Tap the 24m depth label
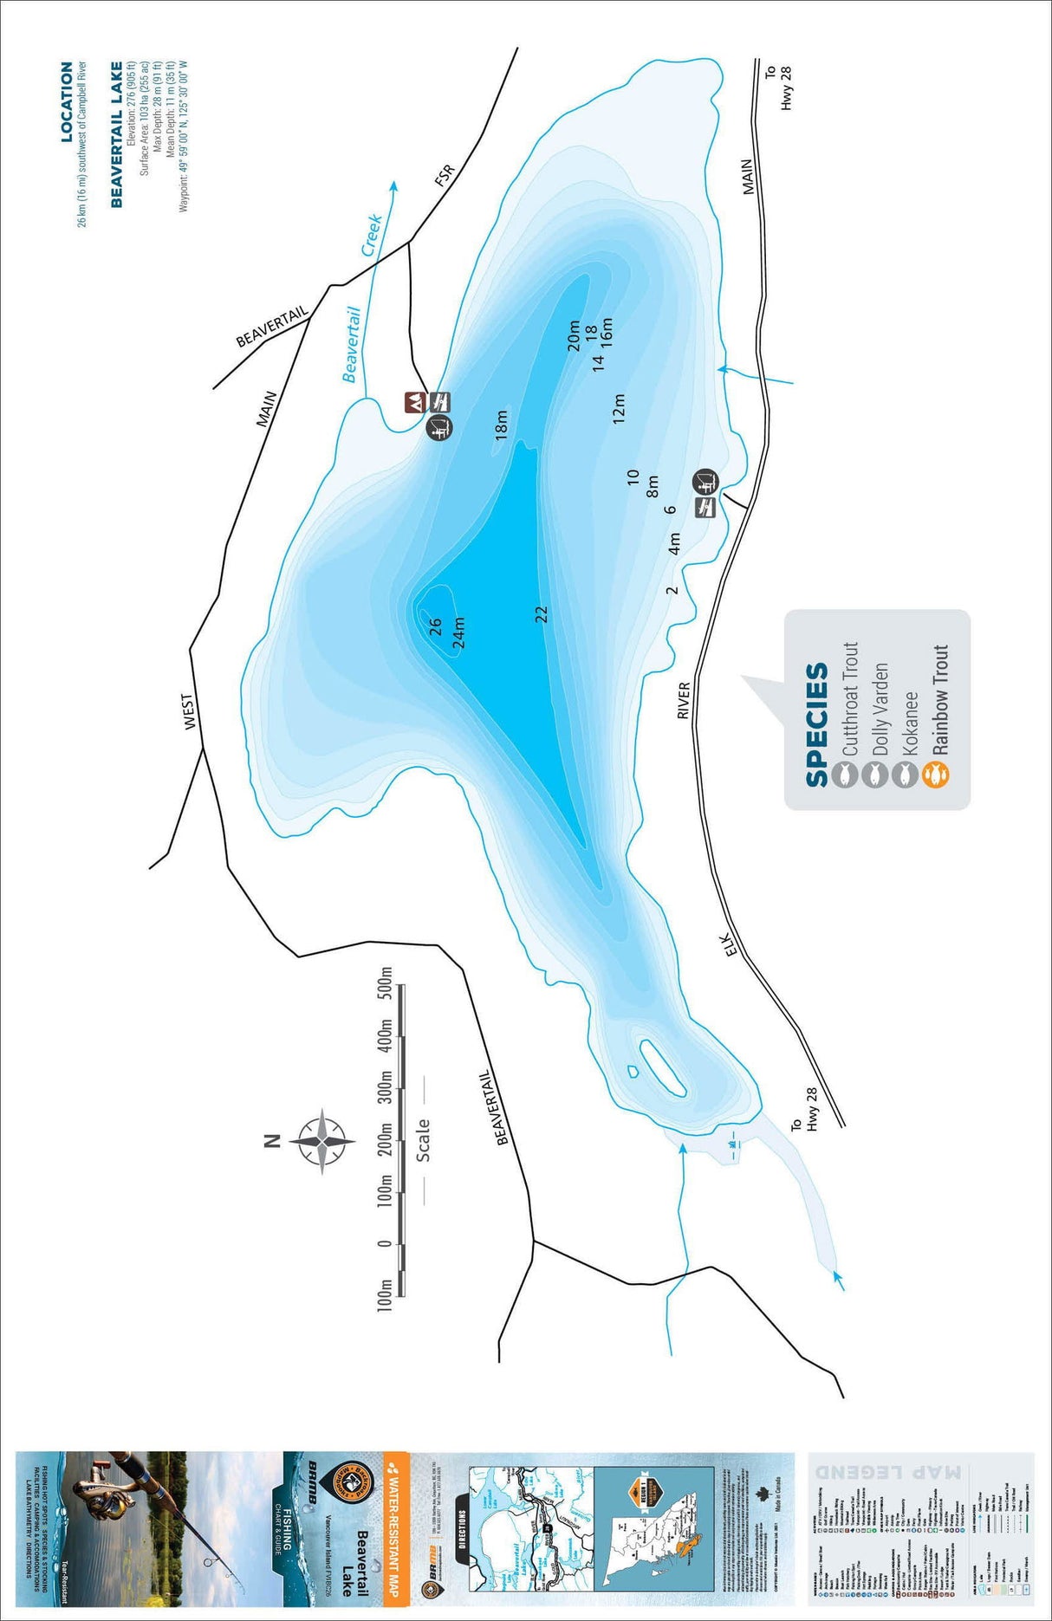click(458, 632)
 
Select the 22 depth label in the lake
click(542, 614)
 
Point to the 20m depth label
click(573, 336)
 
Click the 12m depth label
click(619, 408)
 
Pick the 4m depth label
click(674, 544)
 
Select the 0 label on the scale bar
click(386, 1244)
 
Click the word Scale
click(423, 1140)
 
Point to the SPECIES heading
click(816, 725)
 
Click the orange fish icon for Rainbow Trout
click(937, 775)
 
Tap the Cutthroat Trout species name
click(849, 698)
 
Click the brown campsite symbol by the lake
click(414, 402)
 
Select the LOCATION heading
click(67, 102)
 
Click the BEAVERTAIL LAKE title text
click(117, 135)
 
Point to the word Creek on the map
click(372, 235)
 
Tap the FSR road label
click(445, 176)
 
